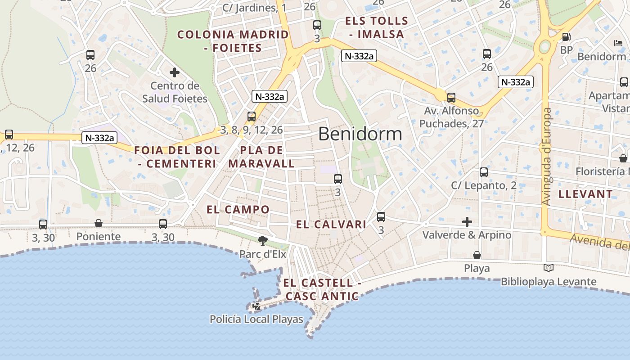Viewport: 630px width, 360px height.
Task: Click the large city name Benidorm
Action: (x=360, y=134)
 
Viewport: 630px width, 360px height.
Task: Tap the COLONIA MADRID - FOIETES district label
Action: (x=233, y=41)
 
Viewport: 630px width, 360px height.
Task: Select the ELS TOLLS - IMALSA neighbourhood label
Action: (x=376, y=27)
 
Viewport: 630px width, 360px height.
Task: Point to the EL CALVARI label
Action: (x=331, y=225)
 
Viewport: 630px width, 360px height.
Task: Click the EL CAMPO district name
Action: (x=238, y=209)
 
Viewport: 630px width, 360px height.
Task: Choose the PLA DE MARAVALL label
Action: (x=261, y=157)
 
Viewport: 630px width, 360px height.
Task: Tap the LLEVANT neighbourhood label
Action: (x=585, y=194)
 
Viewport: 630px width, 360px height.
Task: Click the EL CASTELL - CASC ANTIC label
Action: (x=322, y=289)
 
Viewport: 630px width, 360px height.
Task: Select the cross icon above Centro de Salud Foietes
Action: (x=175, y=72)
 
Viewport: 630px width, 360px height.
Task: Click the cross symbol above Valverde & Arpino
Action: (x=467, y=221)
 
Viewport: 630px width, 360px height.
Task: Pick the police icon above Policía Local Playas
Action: (x=256, y=306)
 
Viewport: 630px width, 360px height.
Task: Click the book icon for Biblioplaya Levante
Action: (x=548, y=268)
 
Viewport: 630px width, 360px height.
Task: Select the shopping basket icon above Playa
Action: (x=477, y=255)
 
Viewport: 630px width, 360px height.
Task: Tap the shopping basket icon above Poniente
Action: (x=99, y=223)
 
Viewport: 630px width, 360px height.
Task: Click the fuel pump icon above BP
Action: (x=567, y=37)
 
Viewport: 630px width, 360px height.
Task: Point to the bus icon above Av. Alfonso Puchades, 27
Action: (x=451, y=97)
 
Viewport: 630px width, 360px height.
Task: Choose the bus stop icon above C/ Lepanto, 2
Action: (x=484, y=172)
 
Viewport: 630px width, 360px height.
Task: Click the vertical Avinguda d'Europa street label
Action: (x=547, y=157)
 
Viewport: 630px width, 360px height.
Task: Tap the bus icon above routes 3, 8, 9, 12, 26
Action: (x=252, y=116)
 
